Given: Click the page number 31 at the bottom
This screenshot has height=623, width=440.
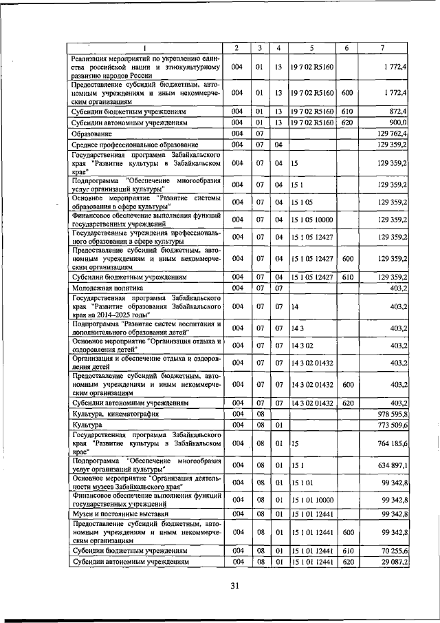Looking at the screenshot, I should [x=234, y=587].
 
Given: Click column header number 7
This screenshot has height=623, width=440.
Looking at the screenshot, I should [x=383, y=47].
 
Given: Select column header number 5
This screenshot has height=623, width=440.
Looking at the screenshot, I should [x=311, y=47].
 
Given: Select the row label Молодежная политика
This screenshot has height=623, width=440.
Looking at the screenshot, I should [x=108, y=287].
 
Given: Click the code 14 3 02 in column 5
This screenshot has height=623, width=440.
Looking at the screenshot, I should [x=302, y=345].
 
